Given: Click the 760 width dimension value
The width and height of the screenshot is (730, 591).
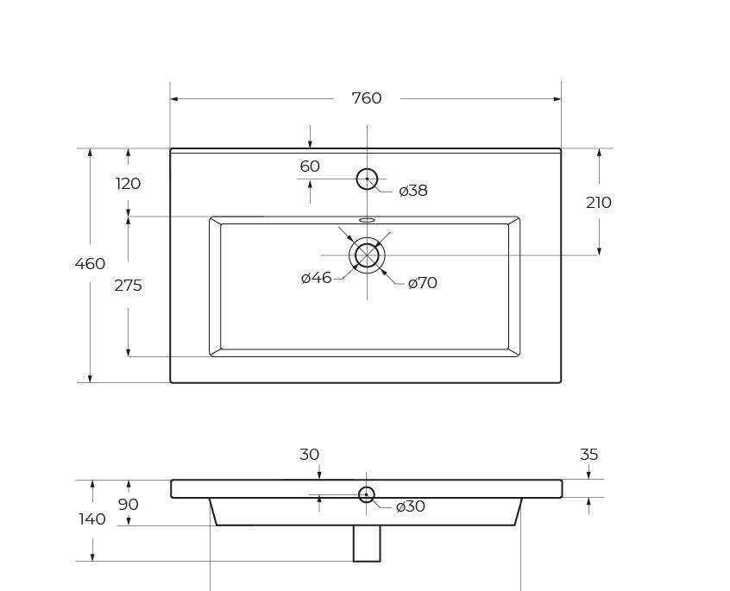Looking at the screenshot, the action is click(x=367, y=98).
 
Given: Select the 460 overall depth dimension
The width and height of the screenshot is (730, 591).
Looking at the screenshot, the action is click(x=90, y=264).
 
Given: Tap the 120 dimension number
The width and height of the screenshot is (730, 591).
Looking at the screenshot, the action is click(x=128, y=184).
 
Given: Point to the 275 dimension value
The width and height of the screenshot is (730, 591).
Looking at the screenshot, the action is click(x=128, y=286).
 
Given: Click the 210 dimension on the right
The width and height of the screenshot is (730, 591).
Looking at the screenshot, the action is click(x=599, y=203).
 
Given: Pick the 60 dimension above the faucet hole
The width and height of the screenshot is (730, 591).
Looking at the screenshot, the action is click(x=310, y=167).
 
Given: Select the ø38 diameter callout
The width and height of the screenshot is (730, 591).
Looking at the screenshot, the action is click(x=413, y=191).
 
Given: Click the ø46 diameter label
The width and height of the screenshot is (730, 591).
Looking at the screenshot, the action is click(x=317, y=278).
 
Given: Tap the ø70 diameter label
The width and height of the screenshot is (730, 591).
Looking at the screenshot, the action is click(x=422, y=283).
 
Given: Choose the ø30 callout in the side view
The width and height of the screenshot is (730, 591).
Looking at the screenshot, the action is click(x=410, y=506).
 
